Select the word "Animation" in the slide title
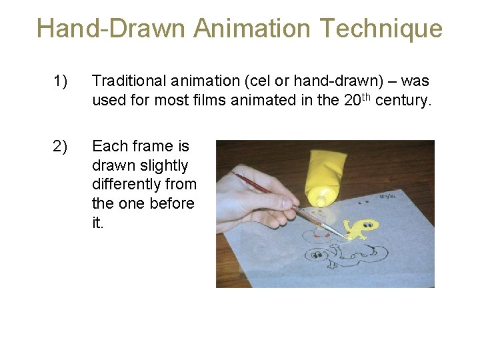(253, 29)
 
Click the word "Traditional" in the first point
(128, 81)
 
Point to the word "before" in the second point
(171, 203)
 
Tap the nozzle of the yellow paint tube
(321, 199)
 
